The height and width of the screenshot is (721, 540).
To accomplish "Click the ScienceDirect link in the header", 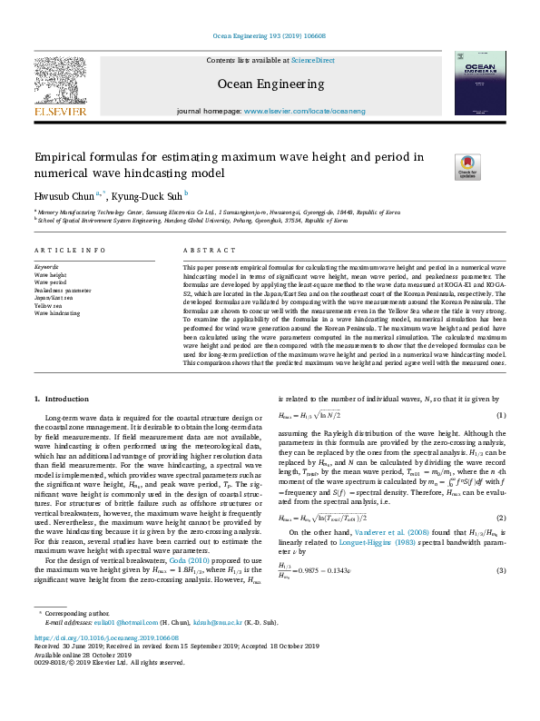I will click(x=312, y=60).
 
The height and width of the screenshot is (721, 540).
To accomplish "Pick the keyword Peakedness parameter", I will click(x=63, y=291).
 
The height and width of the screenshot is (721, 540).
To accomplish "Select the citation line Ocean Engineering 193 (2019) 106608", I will click(x=270, y=36).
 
